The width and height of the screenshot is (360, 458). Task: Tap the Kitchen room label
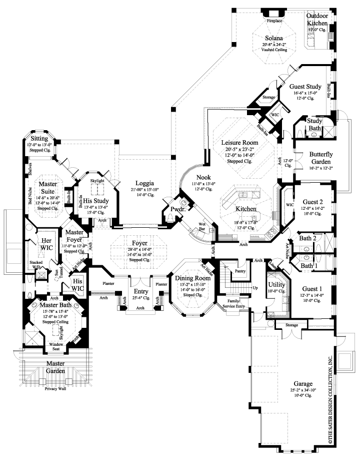point(246,209)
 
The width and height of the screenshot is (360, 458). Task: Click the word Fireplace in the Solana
point(273,22)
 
